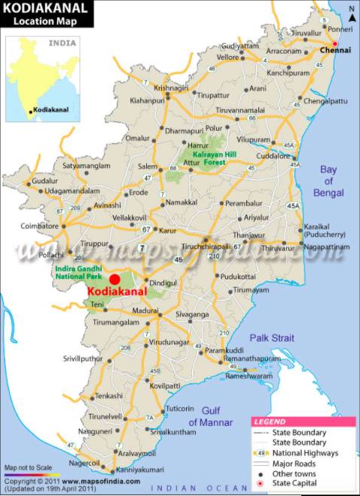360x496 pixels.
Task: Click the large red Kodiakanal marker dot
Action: coord(114,279)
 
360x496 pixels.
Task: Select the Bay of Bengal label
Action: coord(328,181)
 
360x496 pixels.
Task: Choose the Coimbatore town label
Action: coord(39,225)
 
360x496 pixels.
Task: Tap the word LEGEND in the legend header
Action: coord(270,421)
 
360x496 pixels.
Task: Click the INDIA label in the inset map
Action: coord(63,43)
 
